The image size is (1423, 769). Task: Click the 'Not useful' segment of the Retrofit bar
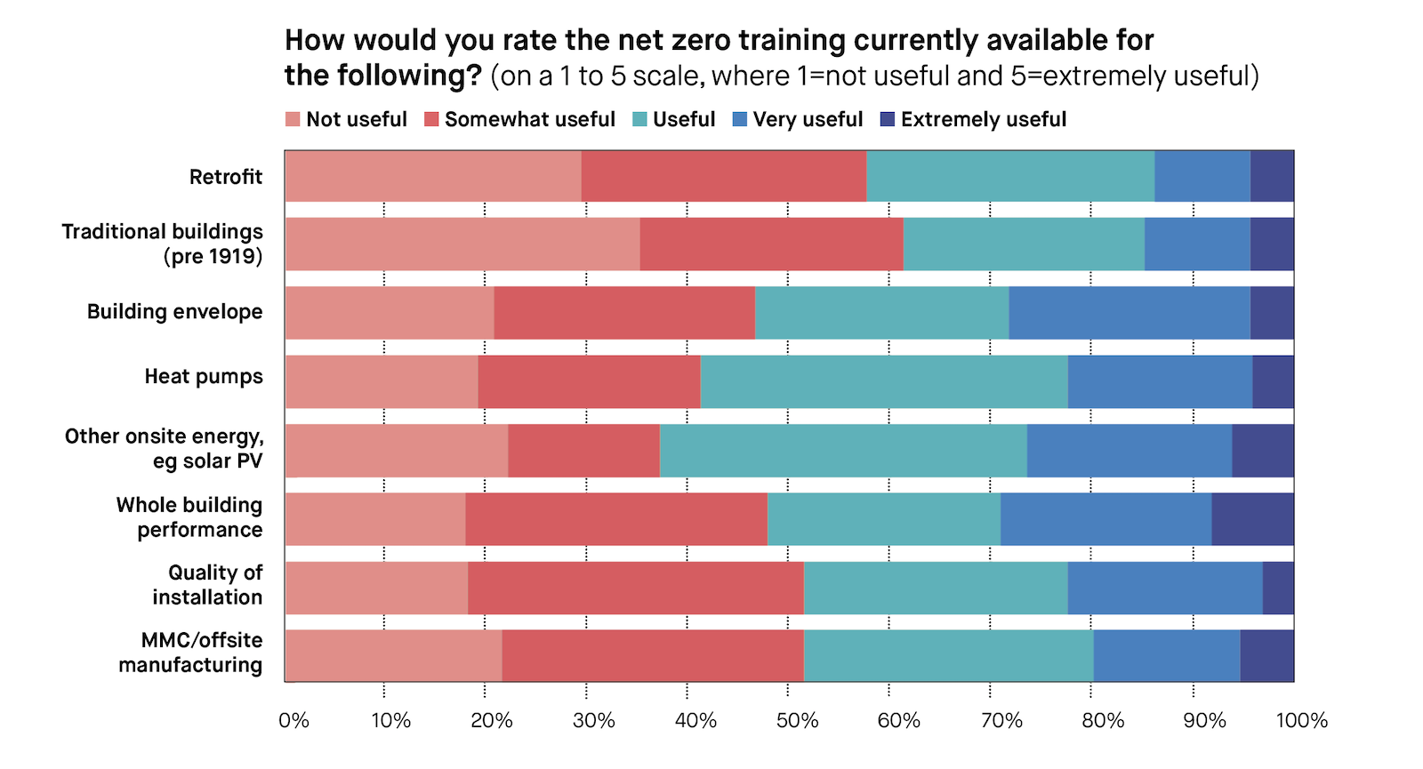[x=433, y=176]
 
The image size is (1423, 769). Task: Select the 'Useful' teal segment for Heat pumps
[x=883, y=382]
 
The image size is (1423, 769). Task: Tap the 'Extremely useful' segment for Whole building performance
[x=1252, y=519]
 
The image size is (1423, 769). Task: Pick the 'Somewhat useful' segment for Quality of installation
[x=635, y=588]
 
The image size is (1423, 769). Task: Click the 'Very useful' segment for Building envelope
[x=1129, y=313]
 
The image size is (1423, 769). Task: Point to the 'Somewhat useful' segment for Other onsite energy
[x=583, y=451]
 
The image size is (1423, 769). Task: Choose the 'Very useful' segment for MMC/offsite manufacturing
[x=1166, y=656]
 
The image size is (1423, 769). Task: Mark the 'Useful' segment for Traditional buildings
[x=1023, y=244]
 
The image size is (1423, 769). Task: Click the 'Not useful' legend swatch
[x=293, y=119]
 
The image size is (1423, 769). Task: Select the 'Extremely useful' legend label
[x=983, y=119]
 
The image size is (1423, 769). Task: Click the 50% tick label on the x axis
[x=797, y=720]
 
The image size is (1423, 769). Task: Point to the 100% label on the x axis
[x=1301, y=720]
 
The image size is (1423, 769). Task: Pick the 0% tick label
[x=293, y=720]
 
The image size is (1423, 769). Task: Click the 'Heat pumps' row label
[x=204, y=376]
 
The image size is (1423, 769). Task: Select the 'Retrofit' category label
[x=226, y=176]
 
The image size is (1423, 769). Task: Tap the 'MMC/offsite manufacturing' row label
[x=191, y=653]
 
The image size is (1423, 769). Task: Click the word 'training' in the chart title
[x=779, y=40]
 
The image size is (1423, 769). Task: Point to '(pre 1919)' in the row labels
[x=213, y=257]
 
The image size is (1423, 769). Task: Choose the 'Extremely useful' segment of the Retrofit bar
[x=1272, y=176]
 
